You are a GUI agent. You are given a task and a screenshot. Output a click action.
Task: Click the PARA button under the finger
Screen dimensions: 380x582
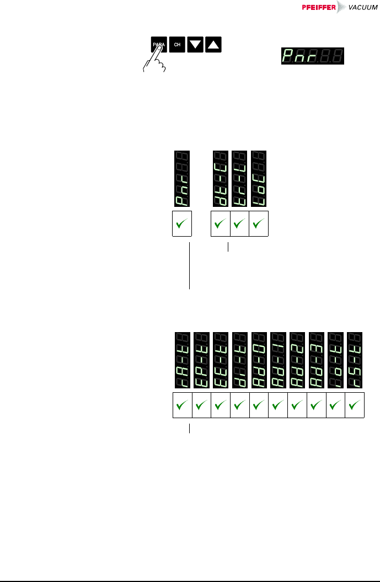pos(158,45)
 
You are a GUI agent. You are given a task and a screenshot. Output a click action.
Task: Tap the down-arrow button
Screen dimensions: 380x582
pos(195,45)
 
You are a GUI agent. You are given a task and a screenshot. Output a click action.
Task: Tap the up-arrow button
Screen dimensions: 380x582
pos(213,45)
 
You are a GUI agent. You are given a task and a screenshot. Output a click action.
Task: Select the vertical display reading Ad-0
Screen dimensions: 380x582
pos(259,360)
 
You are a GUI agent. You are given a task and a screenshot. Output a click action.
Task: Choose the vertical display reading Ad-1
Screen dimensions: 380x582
pos(278,360)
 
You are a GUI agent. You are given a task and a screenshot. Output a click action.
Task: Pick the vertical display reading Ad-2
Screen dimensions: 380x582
pos(297,360)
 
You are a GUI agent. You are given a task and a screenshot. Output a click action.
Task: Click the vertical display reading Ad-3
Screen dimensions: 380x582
pos(317,360)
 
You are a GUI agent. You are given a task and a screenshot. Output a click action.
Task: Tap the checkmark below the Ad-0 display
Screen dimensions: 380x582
pos(259,407)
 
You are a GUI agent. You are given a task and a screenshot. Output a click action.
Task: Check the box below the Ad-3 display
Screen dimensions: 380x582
pos(317,407)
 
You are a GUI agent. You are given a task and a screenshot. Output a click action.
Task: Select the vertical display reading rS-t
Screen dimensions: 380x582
pos(355,360)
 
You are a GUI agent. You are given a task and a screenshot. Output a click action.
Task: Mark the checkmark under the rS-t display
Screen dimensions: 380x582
pos(355,407)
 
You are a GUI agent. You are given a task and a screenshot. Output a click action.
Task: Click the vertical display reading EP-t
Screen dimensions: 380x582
pos(201,360)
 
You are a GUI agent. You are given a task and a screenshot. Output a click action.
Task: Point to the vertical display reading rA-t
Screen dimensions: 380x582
pos(182,360)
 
